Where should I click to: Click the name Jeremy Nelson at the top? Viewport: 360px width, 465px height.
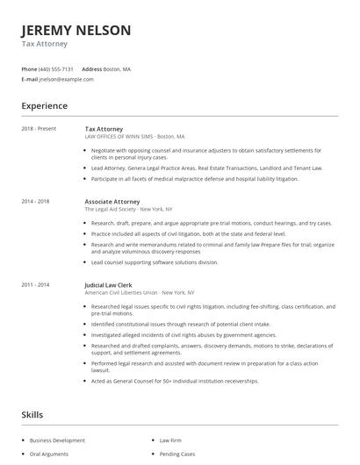click(76, 31)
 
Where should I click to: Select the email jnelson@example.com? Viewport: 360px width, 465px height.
click(66, 79)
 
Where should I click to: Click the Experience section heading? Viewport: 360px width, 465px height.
click(44, 106)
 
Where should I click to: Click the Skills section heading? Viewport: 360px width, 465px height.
click(32, 413)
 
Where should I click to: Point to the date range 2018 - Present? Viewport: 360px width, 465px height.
click(40, 129)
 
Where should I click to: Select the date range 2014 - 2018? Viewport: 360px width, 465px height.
click(36, 201)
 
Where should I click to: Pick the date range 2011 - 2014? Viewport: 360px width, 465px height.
click(36, 284)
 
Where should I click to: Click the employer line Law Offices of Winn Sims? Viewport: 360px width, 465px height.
click(135, 137)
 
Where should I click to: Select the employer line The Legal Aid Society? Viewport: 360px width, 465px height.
click(128, 209)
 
